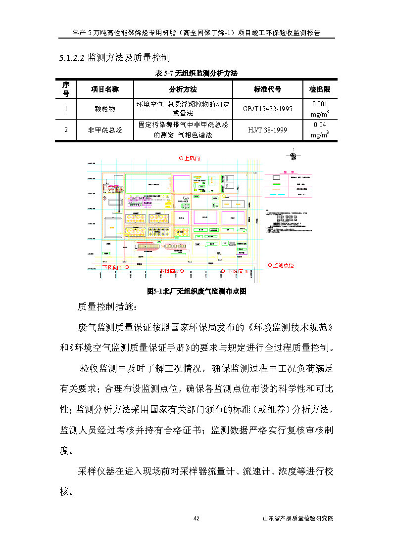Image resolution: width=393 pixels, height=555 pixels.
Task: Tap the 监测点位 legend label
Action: (x=284, y=265)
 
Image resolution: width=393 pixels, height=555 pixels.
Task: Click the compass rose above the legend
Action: (x=293, y=156)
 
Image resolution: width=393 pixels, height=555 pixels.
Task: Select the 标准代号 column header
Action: (x=267, y=89)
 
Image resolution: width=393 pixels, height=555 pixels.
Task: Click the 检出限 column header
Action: (x=319, y=89)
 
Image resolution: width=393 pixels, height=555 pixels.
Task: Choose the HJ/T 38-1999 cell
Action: (x=267, y=130)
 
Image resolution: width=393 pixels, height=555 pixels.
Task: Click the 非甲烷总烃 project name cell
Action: (x=104, y=130)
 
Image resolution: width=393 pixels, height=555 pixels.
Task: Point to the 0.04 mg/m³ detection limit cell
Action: (x=319, y=130)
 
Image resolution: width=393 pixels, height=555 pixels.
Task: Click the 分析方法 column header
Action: (x=183, y=89)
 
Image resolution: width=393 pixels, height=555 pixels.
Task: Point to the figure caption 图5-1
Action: (x=196, y=292)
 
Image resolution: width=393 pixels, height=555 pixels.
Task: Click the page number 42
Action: (x=196, y=518)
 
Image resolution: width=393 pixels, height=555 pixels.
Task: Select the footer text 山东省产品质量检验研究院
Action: (x=298, y=518)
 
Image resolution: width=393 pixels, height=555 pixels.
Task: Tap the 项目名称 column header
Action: (x=104, y=89)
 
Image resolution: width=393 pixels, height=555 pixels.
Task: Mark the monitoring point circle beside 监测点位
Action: (x=270, y=265)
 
